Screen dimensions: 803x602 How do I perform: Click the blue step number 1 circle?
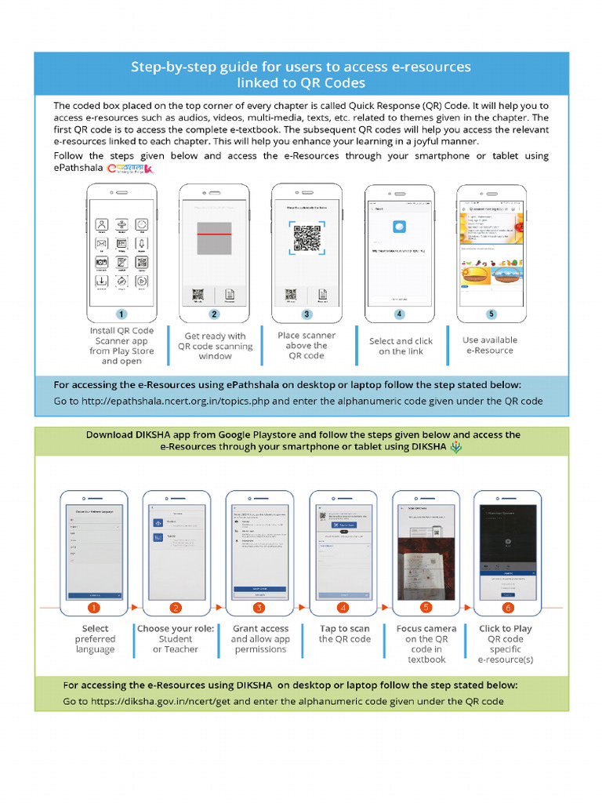coord(121,314)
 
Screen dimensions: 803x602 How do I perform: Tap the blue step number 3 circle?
coord(306,314)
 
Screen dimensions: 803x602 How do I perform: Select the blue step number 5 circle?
coord(491,314)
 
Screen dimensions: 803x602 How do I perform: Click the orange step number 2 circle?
coord(176,607)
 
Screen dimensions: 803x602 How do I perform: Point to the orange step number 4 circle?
coord(343,607)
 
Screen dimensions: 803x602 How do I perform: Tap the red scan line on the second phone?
coord(214,234)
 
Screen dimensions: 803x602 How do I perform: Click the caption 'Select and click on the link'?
coord(401,346)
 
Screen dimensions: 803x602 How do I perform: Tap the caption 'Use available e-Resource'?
coord(490,345)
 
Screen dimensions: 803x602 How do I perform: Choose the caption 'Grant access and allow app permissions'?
coord(260,639)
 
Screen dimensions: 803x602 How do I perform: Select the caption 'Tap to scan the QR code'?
coord(344,634)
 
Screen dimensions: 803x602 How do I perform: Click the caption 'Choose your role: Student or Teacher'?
coord(176,639)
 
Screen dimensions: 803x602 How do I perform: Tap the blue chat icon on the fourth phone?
coord(399,226)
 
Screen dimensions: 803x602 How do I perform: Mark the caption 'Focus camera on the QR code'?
coord(426,644)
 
